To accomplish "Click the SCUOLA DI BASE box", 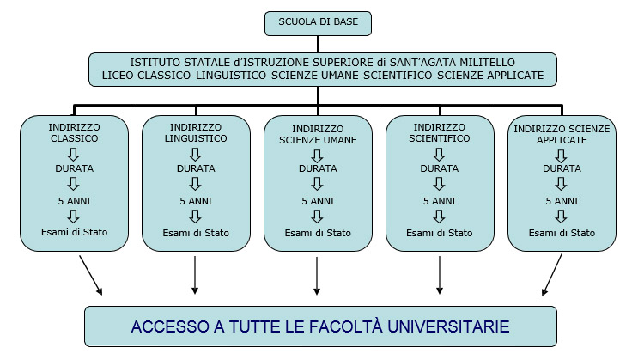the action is pos(318,23).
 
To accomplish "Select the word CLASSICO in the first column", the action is pos(74,138).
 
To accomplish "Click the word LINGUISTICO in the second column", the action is pos(196,138).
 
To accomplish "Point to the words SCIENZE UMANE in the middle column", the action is pos(318,140).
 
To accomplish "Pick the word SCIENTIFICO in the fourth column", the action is pos(440,138).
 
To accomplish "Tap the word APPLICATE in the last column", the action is pos(562,140).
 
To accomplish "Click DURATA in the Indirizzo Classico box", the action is pos(74,168).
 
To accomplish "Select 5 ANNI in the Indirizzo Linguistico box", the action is pos(196,201).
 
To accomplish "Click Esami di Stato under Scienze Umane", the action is pos(318,233).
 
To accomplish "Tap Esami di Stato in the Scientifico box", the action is pos(440,233).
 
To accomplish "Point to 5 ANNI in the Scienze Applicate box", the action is pos(562,201).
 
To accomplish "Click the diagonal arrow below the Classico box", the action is pos(91,275).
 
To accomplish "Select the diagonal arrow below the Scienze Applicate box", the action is pos(552,275).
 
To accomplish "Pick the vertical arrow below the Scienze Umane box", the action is pos(317,276).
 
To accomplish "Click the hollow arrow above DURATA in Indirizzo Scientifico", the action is pos(439,155).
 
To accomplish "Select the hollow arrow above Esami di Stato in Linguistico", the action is pos(196,217).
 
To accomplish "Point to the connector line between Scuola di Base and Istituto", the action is pos(318,45).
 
